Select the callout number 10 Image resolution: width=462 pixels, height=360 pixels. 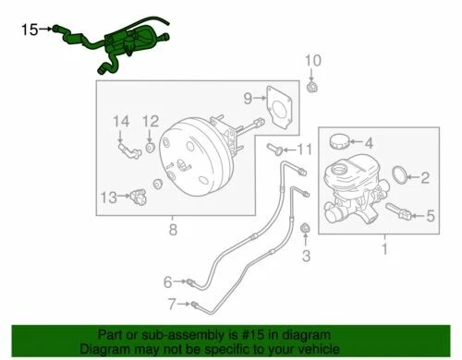point(311,62)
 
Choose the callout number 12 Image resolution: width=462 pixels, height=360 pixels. point(152,121)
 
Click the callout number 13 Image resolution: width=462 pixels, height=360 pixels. point(108,196)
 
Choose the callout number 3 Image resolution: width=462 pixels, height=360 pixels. point(307,254)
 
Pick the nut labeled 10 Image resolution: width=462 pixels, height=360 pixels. point(311,87)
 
